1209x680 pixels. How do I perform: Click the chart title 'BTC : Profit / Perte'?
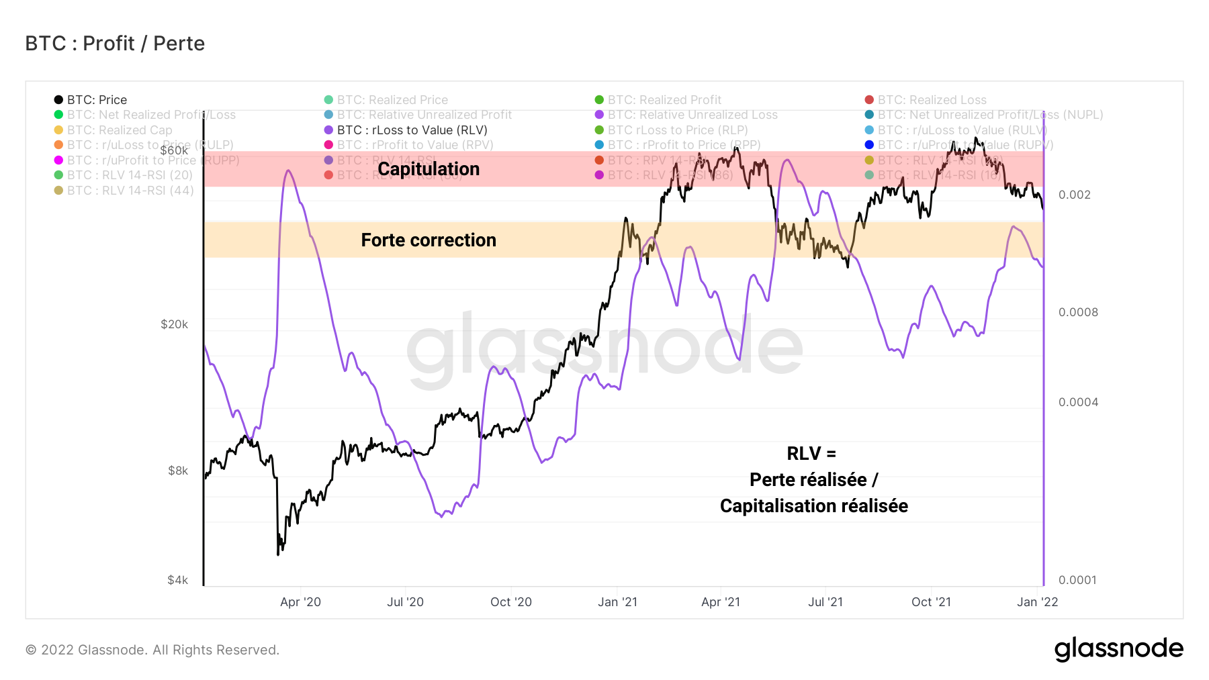(x=115, y=44)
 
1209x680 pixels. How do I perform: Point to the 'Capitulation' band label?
(x=429, y=169)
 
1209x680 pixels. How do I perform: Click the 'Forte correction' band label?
(x=429, y=240)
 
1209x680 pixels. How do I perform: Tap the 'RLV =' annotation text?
(x=811, y=454)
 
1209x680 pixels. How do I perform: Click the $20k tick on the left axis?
(x=174, y=324)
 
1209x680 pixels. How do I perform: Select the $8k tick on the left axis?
(x=178, y=471)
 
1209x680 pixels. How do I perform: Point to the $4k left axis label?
(x=178, y=580)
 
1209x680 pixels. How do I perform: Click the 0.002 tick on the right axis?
(x=1075, y=195)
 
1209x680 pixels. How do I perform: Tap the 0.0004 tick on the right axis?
(x=1078, y=402)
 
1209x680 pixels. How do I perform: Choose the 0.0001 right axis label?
(x=1077, y=580)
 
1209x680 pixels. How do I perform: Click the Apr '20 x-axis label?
(x=300, y=602)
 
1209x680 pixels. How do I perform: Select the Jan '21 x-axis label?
(x=617, y=602)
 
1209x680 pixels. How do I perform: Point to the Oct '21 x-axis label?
(x=931, y=602)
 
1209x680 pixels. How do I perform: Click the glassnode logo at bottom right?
(x=1118, y=649)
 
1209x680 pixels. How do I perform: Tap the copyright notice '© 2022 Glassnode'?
(x=152, y=650)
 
